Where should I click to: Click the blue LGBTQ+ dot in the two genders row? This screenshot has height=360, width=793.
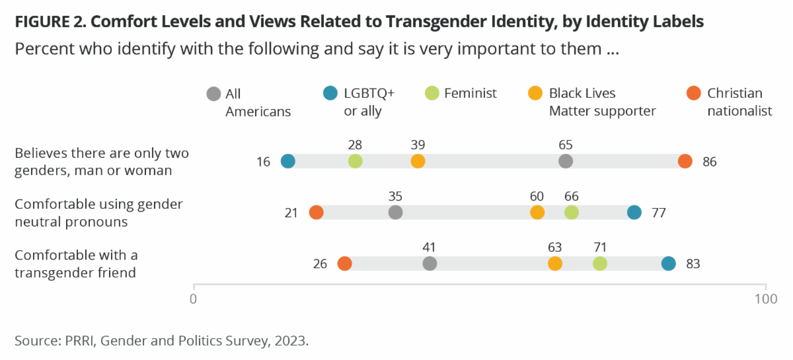pos(287,161)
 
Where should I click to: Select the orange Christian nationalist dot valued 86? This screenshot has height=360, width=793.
pos(685,161)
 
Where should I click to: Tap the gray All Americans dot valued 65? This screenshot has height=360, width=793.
pos(565,161)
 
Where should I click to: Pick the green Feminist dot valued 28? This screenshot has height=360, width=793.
pos(356,161)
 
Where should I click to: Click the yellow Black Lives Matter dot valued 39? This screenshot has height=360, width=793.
pos(418,161)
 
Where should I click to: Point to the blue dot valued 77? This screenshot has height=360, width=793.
pos(634,212)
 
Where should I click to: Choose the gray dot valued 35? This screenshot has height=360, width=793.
pos(395,212)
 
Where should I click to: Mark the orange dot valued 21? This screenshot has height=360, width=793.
pos(316,212)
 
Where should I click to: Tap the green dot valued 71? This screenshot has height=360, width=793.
pos(599,264)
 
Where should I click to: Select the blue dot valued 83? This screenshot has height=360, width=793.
pos(669,264)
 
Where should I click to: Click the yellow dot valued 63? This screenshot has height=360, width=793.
pos(555,264)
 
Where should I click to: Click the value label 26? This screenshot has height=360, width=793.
pos(321,264)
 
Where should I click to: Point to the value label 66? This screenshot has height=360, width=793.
pos(572,196)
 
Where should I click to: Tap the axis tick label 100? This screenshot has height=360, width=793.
pos(766,299)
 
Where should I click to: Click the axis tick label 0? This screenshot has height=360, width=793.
pos(194,299)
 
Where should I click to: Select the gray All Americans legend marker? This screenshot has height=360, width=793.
pos(213,94)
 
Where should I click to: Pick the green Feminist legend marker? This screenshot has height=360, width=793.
pos(430,94)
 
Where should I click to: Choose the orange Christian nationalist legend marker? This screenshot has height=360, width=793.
pos(694,94)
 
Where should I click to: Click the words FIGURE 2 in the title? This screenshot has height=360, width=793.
pos(50,22)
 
